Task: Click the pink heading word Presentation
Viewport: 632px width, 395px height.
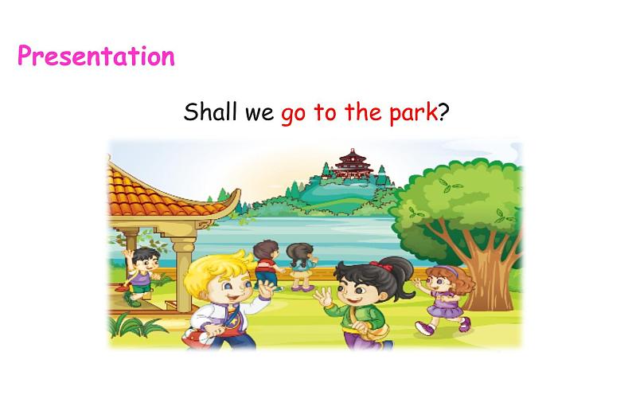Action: click(x=96, y=57)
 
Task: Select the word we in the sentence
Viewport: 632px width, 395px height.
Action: click(x=259, y=113)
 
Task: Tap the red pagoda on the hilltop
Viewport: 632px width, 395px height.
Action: click(x=350, y=163)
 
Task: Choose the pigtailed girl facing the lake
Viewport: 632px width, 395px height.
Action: click(x=300, y=266)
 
